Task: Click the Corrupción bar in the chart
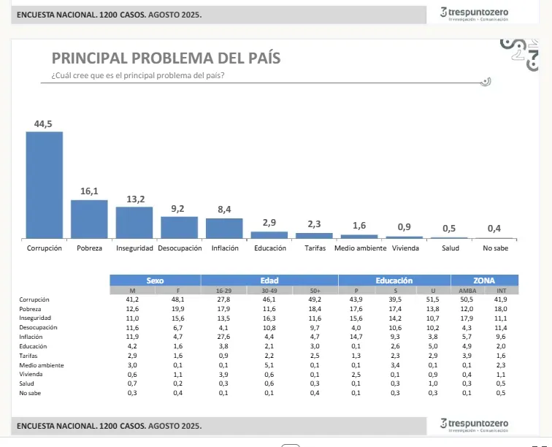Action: pyautogui.click(x=45, y=185)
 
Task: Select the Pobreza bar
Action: pyautogui.click(x=89, y=219)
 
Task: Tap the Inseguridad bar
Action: pyautogui.click(x=134, y=223)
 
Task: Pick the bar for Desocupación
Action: pyautogui.click(x=179, y=227)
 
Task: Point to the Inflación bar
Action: pyautogui.click(x=224, y=228)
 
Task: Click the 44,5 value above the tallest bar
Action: pyautogui.click(x=44, y=123)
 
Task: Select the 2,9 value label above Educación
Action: pyautogui.click(x=269, y=223)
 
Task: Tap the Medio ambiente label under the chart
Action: pyautogui.click(x=360, y=248)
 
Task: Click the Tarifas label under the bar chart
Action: pyautogui.click(x=315, y=248)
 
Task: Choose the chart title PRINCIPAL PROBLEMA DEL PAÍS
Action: pyautogui.click(x=166, y=58)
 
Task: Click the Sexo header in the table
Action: pyautogui.click(x=155, y=280)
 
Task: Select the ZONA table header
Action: pyautogui.click(x=484, y=280)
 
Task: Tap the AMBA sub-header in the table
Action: pyautogui.click(x=467, y=291)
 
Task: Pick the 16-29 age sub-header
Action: pyautogui.click(x=223, y=291)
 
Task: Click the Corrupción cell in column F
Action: pyautogui.click(x=178, y=299)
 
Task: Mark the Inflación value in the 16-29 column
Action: pyautogui.click(x=223, y=337)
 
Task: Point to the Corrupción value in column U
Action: pyautogui.click(x=433, y=299)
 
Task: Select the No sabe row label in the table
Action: pyautogui.click(x=31, y=394)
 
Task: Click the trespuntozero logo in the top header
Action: pyautogui.click(x=475, y=14)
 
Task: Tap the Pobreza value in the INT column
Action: pyautogui.click(x=501, y=309)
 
